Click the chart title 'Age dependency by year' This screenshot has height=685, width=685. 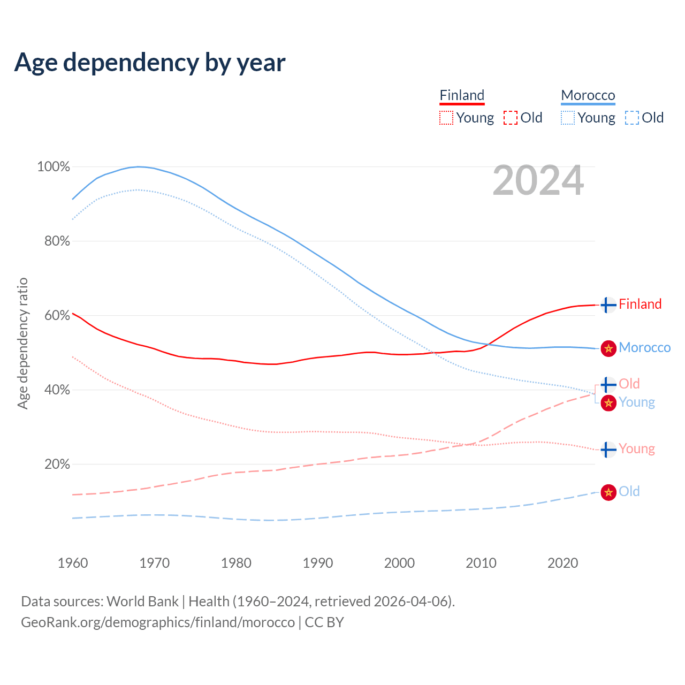point(150,63)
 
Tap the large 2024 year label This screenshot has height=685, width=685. point(538,181)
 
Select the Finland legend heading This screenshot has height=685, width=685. point(462,95)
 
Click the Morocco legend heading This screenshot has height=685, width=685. point(588,95)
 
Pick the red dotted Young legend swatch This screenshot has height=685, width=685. point(446,118)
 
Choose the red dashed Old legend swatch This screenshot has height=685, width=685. point(511,118)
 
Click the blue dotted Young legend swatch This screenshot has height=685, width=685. point(568,118)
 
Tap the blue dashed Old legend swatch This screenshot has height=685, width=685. point(632,118)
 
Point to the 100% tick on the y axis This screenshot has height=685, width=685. point(54,167)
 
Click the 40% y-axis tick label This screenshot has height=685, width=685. point(57,390)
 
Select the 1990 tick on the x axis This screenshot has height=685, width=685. point(318,563)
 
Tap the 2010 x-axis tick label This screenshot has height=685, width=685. point(481,563)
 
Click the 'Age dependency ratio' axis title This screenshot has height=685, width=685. point(22,343)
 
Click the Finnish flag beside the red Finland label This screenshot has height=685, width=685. point(608,305)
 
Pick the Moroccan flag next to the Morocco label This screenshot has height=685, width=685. point(608,348)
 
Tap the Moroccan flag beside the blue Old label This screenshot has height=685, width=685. point(608,492)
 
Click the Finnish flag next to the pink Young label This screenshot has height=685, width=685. point(608,450)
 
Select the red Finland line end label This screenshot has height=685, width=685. point(640,305)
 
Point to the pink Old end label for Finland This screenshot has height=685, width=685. point(629,384)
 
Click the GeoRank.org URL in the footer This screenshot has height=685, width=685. point(158,622)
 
